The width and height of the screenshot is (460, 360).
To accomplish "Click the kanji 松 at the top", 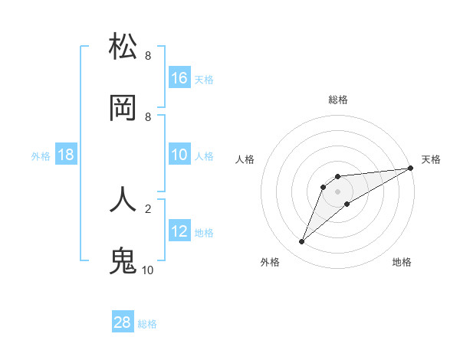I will tap(123, 47).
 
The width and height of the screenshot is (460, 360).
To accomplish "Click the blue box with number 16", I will tap(179, 77).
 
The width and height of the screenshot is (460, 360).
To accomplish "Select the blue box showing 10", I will tap(179, 155).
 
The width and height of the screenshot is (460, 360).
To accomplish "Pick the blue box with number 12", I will tap(179, 231).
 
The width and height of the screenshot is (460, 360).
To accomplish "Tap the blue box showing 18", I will tap(66, 155).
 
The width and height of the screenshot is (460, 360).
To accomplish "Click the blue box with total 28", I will tap(123, 322).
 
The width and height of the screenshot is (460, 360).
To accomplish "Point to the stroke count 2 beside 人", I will tap(148, 208).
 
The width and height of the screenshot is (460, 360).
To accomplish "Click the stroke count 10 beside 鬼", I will tap(148, 270).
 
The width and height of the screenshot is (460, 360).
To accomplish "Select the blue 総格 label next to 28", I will tap(147, 324).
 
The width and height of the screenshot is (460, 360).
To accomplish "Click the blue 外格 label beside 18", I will tap(41, 155).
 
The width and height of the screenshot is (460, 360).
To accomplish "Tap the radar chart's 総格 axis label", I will tap(338, 100).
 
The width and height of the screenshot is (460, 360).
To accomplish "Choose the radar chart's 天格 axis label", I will tap(431, 159).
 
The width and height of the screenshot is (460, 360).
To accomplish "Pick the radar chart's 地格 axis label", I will tap(402, 262).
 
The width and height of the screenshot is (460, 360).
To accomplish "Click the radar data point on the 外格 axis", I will tap(301, 242).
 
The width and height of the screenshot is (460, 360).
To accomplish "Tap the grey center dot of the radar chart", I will tap(338, 191).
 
